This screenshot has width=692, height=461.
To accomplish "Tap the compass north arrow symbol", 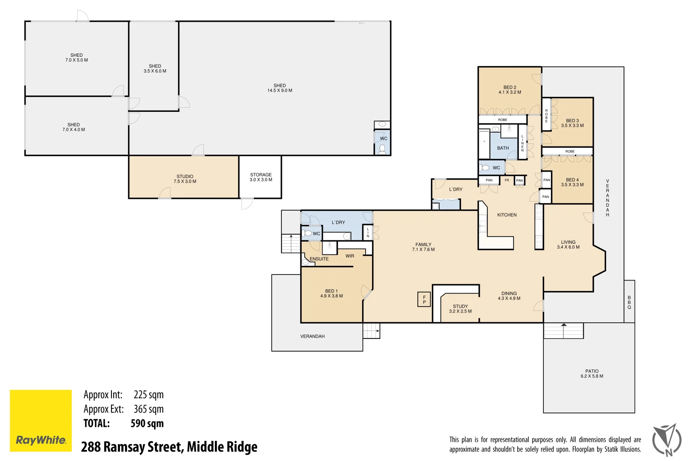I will [667, 440].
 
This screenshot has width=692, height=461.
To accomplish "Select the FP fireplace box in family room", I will [424, 299].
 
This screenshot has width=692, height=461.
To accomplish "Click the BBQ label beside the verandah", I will [629, 302].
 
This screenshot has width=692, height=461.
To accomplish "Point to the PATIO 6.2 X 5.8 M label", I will [592, 373].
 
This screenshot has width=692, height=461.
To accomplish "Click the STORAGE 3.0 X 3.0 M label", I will [261, 177].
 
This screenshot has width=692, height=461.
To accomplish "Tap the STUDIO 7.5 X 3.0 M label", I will [185, 179].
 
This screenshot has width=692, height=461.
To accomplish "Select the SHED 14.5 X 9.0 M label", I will [280, 88].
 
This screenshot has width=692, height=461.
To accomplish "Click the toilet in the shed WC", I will [382, 149].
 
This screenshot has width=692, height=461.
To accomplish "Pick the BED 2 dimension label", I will [510, 92].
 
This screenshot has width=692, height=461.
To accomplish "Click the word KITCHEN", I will [507, 215].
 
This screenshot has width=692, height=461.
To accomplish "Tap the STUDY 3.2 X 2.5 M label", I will [460, 309].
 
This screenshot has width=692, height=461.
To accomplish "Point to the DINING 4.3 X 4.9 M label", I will [509, 296].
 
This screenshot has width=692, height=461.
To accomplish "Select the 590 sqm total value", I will [147, 423].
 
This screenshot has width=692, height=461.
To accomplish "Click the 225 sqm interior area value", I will [148, 395].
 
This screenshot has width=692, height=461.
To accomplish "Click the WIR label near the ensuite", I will [349, 256].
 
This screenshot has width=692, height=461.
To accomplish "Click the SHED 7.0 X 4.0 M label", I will [73, 127].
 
